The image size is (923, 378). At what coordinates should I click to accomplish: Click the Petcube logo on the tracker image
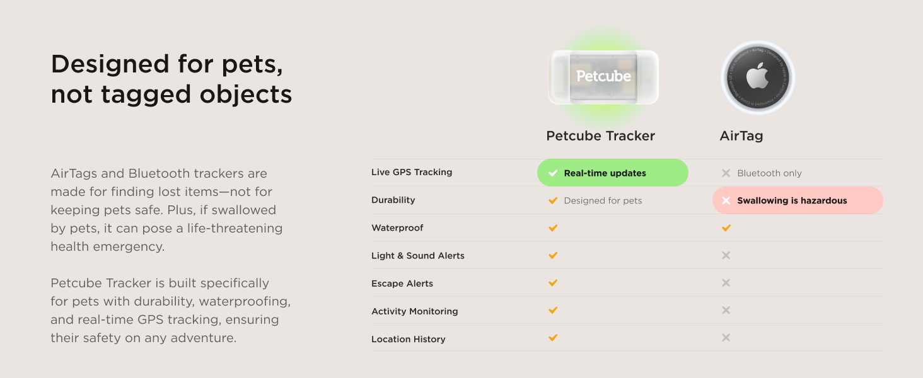pos(603,76)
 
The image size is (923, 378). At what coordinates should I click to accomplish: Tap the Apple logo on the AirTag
pos(758,77)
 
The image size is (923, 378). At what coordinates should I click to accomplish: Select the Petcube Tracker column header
pos(600,136)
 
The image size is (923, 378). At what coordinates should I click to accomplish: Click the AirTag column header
pos(741,136)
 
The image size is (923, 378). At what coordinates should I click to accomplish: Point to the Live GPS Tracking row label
pos(412,172)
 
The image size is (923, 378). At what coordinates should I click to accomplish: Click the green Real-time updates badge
pos(612,173)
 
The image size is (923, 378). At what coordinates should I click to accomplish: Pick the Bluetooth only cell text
pos(769,173)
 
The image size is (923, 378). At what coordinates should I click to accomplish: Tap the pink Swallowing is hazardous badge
pos(798,200)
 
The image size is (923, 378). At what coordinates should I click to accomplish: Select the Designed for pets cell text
pos(603,201)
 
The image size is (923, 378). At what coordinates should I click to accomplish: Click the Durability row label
pos(393,200)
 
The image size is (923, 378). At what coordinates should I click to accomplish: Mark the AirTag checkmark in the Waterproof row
pos(726,227)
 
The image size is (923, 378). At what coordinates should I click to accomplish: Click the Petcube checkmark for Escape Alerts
pos(553,283)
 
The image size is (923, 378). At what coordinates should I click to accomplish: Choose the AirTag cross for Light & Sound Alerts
pos(726,255)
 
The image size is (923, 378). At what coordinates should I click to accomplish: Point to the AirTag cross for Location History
pos(726,338)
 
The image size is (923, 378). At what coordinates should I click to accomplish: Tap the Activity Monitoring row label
pos(415,311)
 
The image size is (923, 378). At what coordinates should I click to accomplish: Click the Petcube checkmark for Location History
pos(553,338)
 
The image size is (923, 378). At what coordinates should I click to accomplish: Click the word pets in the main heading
pos(252,64)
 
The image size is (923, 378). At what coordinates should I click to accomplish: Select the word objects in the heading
pos(247,94)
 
